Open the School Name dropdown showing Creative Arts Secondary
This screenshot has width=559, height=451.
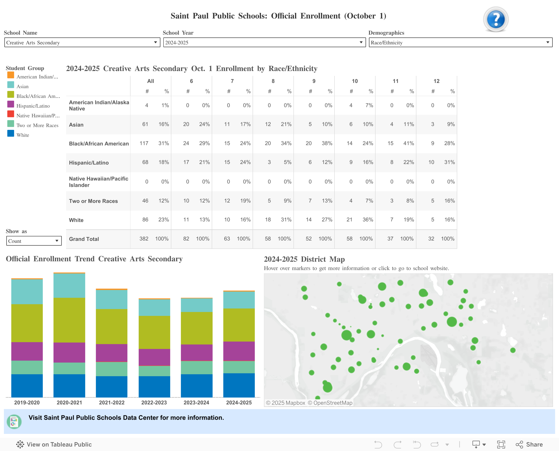point(82,42)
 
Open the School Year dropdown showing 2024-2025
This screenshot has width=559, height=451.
point(264,42)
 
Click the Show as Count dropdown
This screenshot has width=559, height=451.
point(34,241)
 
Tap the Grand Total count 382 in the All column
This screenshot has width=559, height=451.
point(144,239)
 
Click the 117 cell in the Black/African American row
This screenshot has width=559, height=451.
point(144,143)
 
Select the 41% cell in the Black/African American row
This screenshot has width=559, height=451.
point(408,143)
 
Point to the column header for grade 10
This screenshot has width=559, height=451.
point(355,81)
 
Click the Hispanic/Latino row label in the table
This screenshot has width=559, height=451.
point(89,163)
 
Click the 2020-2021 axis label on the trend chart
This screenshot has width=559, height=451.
point(69,402)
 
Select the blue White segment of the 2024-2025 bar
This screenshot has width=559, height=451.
point(239,385)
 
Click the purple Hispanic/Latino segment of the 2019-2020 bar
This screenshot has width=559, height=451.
point(27,351)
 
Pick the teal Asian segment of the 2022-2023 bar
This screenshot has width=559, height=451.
point(154,308)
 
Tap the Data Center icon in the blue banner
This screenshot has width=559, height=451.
point(14,421)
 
